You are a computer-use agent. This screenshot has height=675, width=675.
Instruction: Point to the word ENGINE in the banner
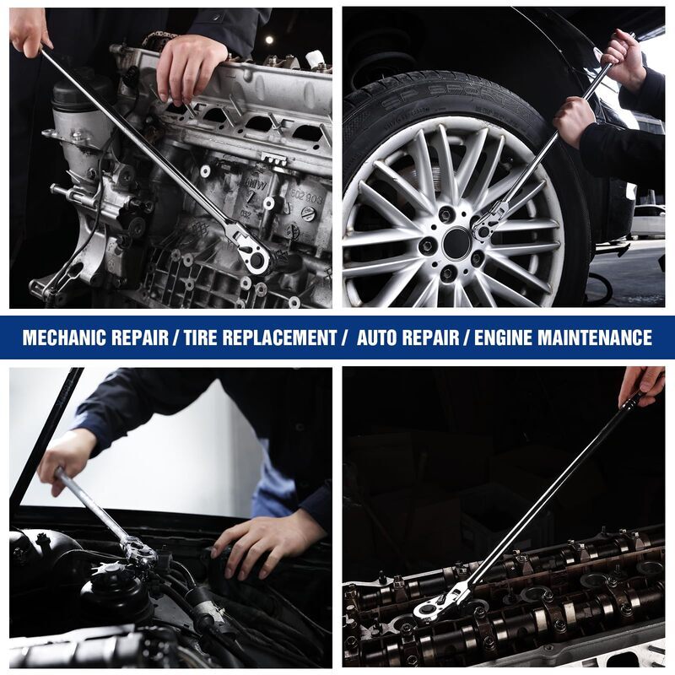pos(504,337)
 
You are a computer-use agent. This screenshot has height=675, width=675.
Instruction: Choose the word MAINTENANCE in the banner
pos(596,337)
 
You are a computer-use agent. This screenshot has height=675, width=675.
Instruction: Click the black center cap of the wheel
pos(456,243)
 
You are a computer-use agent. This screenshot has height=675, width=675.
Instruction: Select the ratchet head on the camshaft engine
pos(435,605)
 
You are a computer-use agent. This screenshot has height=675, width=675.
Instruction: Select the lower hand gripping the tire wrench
pos(574,120)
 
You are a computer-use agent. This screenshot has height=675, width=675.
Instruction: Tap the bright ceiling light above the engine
pos(269,40)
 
